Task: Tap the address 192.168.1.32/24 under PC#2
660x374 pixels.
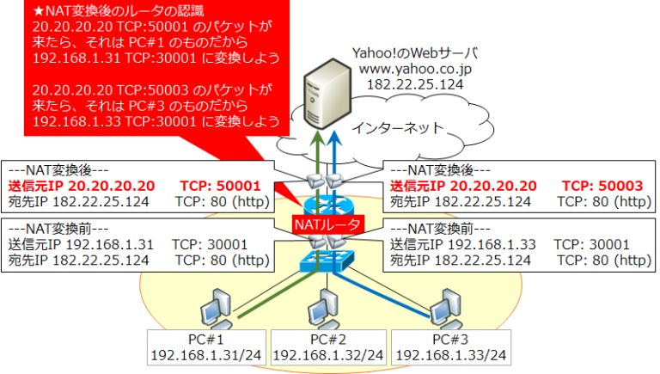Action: coord(327,355)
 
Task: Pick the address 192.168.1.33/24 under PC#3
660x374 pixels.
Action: coord(450,355)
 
